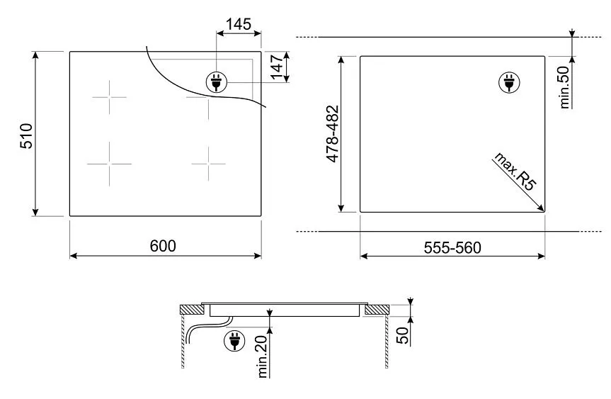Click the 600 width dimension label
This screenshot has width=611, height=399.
coord(163,245)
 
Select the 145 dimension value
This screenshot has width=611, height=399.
coord(238,23)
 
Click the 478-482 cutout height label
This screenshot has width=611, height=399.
coord(332,135)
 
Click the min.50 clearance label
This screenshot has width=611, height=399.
coord(565,86)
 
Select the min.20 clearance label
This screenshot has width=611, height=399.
coord(263,355)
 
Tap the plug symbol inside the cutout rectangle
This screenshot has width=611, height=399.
coord(508,83)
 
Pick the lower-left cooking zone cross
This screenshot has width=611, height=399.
coord(110,163)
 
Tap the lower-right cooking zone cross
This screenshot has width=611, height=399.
coord(209,163)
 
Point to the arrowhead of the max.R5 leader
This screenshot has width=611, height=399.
coord(542,208)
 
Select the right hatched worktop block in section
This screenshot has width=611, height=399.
coord(377,309)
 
